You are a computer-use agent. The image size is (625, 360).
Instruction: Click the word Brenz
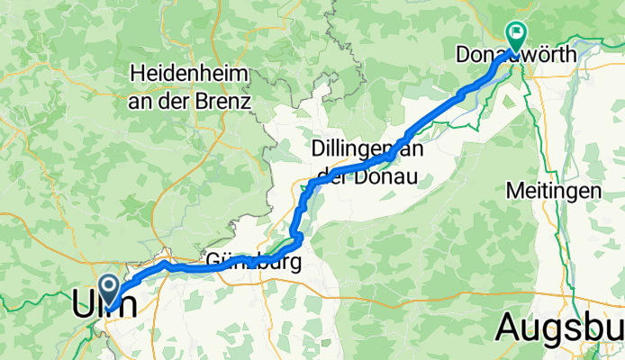(x=224, y=101)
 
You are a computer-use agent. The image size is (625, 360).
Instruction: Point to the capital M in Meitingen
(x=513, y=191)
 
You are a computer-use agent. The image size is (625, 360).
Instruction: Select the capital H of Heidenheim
(x=137, y=71)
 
